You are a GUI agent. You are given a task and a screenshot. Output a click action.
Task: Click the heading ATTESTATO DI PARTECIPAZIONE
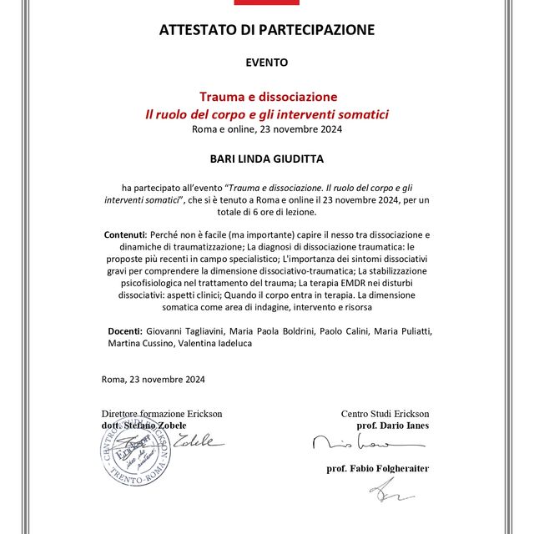click(267, 31)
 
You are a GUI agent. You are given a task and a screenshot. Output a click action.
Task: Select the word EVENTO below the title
click(267, 63)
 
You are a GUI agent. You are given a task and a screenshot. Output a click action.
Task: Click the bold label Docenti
click(124, 331)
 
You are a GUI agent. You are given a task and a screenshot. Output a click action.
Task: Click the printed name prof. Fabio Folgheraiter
click(377, 469)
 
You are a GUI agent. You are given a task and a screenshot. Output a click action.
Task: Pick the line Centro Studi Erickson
click(385, 413)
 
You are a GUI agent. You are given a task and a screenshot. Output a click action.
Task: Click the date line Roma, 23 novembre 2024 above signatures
click(154, 380)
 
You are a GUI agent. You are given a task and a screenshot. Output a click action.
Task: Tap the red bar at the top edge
click(267, 3)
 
